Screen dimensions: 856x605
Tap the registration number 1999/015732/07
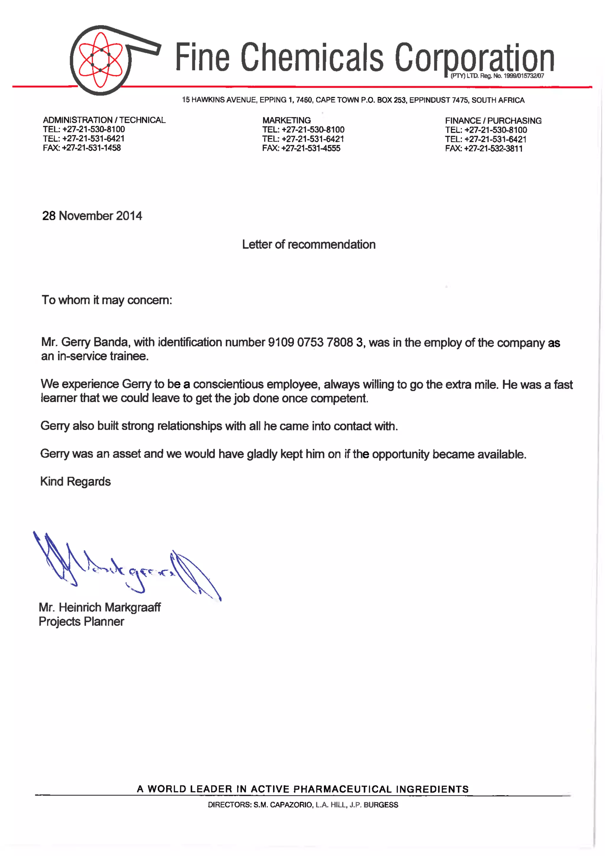pos(524,76)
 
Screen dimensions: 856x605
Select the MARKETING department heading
pos(286,120)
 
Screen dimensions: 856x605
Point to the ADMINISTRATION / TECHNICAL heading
pos(104,120)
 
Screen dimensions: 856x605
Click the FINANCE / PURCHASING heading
pos(493,121)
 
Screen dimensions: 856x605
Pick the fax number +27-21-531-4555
pos(310,148)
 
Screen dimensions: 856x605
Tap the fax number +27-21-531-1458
pos(91,148)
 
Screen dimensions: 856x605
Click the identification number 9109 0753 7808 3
pos(315,342)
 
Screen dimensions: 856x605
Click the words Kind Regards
pos(75,481)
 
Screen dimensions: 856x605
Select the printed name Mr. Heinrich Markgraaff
pos(100,607)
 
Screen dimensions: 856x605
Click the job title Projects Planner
pos(81,621)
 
